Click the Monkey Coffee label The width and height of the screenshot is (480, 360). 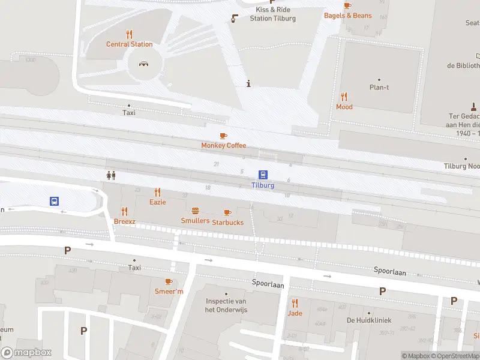point(223,146)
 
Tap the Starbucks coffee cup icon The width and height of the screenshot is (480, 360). point(227,212)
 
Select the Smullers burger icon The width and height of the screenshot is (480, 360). point(195,211)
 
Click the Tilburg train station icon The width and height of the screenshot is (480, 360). point(263,175)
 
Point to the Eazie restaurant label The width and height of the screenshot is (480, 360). point(158,202)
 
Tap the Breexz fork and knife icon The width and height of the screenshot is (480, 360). point(125,211)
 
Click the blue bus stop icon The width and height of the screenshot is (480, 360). point(54,202)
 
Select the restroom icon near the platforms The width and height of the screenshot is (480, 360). point(110,175)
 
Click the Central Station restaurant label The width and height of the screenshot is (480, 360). point(129,44)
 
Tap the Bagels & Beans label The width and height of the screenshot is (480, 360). point(347,16)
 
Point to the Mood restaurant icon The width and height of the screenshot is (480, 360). point(344,96)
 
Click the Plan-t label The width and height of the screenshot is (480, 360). point(379,88)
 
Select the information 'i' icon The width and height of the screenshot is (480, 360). point(248,83)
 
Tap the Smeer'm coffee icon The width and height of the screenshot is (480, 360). point(169,281)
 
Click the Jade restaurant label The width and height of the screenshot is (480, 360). point(295,313)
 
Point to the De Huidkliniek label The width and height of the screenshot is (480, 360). point(368,320)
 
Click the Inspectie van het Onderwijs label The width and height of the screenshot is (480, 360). point(226,305)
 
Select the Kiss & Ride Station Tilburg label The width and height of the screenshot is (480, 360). point(272,14)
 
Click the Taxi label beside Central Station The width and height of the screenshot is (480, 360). point(129,113)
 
